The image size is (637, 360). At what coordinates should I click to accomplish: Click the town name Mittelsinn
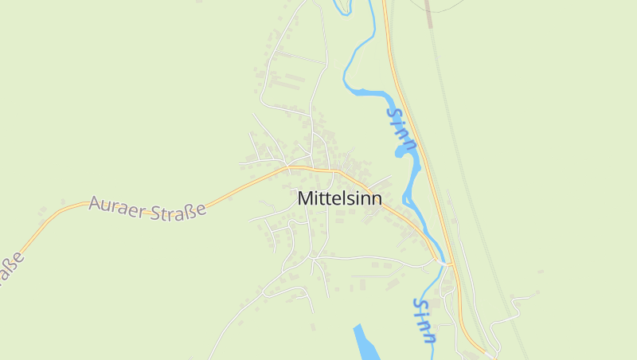point(339,198)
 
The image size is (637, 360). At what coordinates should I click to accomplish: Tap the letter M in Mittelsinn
point(305,198)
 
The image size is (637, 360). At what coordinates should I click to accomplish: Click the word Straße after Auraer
point(179,209)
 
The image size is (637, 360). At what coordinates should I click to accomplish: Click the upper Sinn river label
point(401,128)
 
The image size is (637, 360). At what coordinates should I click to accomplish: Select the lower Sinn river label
point(425,321)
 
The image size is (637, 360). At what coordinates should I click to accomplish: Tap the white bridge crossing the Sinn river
point(443,263)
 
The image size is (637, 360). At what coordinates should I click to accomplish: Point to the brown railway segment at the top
point(428,12)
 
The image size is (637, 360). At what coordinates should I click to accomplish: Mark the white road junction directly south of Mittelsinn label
point(314,258)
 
